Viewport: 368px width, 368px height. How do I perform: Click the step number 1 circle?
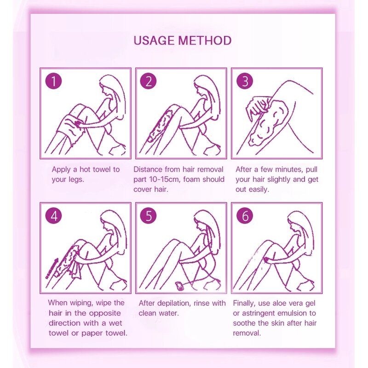tap(53, 81)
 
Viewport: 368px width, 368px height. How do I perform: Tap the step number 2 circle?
tap(148, 81)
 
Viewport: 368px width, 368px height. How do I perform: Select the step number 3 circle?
tap(245, 81)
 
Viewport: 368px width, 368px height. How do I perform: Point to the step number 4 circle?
tap(53, 215)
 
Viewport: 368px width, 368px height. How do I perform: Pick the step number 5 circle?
tap(148, 215)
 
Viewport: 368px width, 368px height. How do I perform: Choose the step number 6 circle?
tap(245, 215)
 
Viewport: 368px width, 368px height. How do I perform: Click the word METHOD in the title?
tap(205, 40)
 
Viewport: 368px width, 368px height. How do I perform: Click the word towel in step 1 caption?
tap(103, 169)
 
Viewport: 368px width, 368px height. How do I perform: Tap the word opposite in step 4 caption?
tap(105, 313)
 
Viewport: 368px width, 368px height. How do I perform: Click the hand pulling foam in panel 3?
tap(258, 107)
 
